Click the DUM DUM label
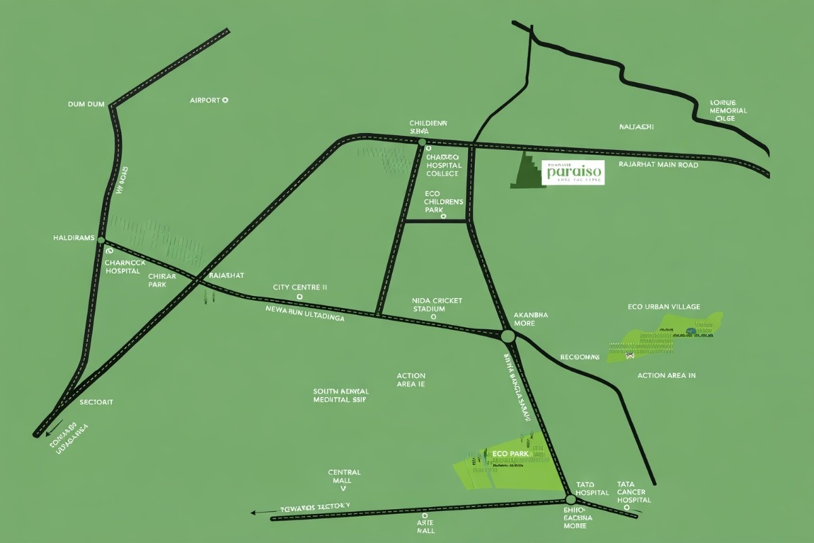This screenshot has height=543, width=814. click(87, 105)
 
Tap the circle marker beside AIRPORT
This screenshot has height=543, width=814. click(225, 100)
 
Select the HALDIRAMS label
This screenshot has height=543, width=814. click(73, 238)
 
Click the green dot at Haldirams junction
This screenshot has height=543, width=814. click(101, 240)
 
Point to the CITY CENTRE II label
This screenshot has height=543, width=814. click(300, 287)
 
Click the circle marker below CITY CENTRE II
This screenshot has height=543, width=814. click(300, 297)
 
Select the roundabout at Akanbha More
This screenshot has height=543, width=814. click(507, 335)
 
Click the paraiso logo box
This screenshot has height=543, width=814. click(573, 172)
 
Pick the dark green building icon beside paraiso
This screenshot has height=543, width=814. click(528, 172)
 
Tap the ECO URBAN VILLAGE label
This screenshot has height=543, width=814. click(664, 307)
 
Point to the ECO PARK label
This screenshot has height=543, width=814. click(505, 451)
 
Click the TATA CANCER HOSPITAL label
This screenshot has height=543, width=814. click(634, 492)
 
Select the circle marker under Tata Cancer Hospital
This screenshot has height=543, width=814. click(627, 506)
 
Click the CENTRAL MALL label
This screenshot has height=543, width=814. click(344, 476)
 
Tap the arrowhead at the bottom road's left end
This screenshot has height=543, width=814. click(254, 513)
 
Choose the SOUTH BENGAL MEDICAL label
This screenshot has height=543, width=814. click(341, 396)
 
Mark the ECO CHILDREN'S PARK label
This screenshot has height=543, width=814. click(444, 202)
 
